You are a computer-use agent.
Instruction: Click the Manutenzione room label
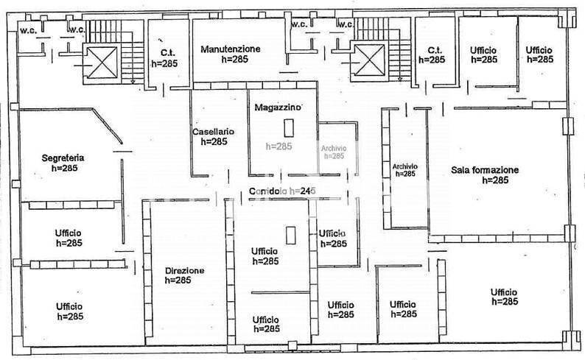230,49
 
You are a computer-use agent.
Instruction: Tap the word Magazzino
277,107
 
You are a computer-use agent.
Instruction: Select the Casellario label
213,132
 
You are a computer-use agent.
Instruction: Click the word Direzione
184,270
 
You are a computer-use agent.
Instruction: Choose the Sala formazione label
485,170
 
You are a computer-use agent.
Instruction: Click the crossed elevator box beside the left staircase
102,61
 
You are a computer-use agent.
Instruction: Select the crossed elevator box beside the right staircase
368,60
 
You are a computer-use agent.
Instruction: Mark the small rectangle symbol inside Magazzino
290,126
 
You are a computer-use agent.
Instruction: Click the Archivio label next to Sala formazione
405,166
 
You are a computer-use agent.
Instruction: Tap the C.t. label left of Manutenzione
164,53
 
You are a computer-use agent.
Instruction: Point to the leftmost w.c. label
29,29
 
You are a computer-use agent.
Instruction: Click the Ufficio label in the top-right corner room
539,49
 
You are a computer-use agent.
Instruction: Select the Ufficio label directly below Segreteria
68,233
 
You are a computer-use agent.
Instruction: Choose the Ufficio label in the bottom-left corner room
69,306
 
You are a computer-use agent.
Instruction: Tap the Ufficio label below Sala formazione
504,292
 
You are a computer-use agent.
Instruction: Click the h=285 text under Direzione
178,280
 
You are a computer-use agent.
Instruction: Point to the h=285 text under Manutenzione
236,59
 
